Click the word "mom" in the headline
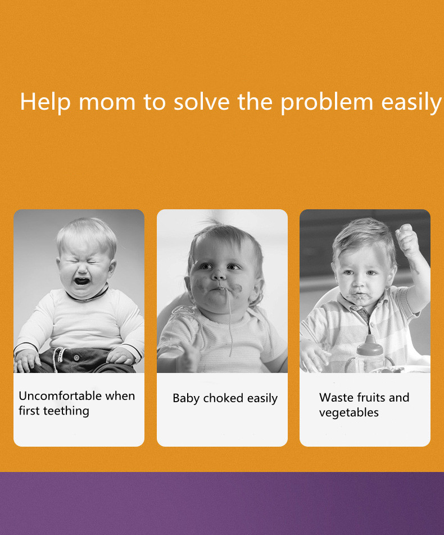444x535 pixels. pyautogui.click(x=107, y=102)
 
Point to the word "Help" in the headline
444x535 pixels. pyautogui.click(x=46, y=102)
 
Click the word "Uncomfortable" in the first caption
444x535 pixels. pyautogui.click(x=60, y=396)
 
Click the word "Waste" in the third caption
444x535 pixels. pyautogui.click(x=336, y=398)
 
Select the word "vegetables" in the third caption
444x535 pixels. pyautogui.click(x=349, y=413)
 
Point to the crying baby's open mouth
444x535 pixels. pyautogui.click(x=82, y=281)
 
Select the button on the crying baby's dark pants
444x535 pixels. pyautogui.click(x=76, y=358)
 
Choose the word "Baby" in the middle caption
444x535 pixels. pyautogui.click(x=186, y=398)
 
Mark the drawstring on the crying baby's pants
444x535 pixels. pyautogui.click(x=58, y=359)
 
